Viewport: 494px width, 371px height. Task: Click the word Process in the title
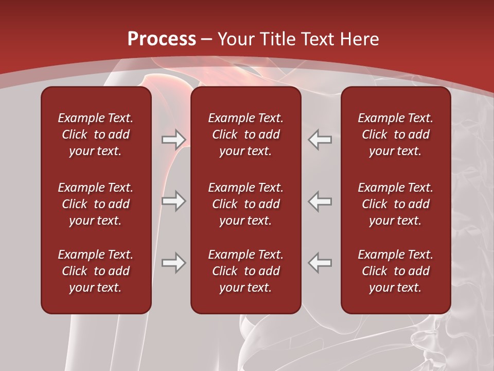pos(162,39)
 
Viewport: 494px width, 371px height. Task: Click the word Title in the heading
pos(274,39)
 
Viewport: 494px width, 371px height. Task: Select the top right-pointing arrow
pos(174,139)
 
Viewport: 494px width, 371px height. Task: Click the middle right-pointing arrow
pos(174,201)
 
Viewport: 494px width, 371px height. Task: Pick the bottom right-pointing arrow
pos(174,263)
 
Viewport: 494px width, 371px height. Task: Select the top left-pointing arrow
pos(320,139)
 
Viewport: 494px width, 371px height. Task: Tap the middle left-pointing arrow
pos(320,201)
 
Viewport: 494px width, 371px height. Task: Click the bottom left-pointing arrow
pos(320,263)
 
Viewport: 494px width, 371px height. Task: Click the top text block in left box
pos(96,134)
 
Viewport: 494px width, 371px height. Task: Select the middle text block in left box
pos(96,204)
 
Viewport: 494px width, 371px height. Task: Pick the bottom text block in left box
pos(96,271)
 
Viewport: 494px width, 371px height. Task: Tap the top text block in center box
pos(245,134)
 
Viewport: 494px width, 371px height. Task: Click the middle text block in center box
pos(245,204)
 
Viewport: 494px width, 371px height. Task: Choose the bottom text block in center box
pos(245,271)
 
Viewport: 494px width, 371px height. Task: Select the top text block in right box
pos(396,134)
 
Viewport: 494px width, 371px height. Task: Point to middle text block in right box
pos(396,204)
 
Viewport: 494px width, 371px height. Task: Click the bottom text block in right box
pos(396,271)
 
